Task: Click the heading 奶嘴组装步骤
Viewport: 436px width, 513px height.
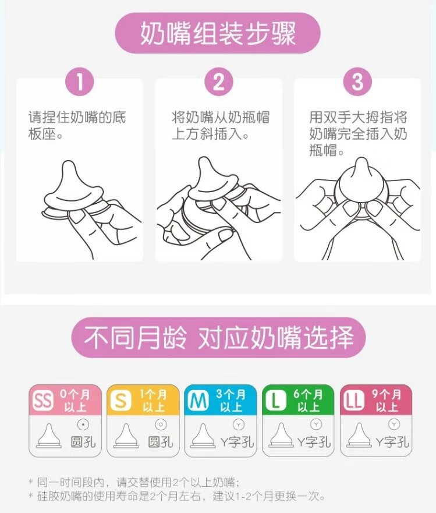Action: pos(218,33)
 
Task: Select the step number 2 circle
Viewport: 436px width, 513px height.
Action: pos(218,82)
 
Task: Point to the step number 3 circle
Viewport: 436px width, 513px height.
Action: pos(357,82)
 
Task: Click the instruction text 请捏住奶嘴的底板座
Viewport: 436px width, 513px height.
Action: pos(77,125)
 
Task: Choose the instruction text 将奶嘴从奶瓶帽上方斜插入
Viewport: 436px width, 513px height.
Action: pos(221,125)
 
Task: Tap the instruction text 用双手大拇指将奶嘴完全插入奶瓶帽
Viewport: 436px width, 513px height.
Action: pos(358,134)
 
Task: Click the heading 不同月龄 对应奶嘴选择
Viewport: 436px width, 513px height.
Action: pos(218,337)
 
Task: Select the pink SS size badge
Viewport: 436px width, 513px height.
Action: pos(42,401)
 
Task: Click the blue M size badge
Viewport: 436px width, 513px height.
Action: pos(197,401)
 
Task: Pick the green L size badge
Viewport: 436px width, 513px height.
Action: pos(275,401)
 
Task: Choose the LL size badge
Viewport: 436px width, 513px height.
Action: pos(353,401)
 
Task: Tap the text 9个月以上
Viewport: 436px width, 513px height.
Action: pos(387,401)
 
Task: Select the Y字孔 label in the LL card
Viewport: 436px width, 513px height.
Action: pos(393,442)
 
